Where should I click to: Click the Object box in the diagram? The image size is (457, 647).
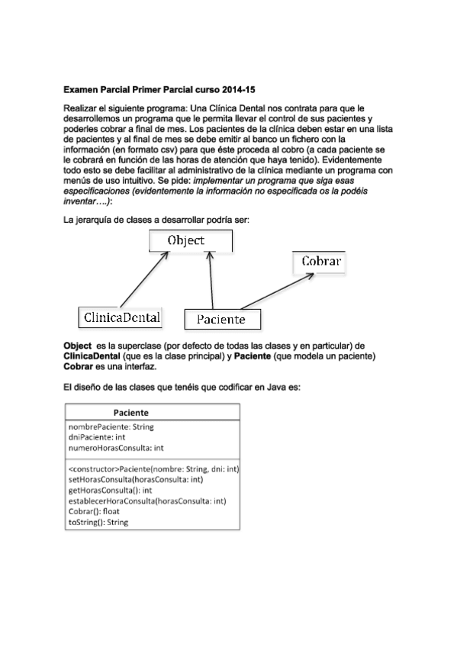point(190,240)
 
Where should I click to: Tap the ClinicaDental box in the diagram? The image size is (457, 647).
point(121,316)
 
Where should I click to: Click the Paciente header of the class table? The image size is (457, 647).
point(152,411)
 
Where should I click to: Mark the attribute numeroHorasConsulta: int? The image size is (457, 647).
point(116,448)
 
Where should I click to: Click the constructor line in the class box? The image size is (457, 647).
point(153,468)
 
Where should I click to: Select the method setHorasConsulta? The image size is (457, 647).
point(136,479)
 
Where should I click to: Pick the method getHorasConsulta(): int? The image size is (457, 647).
point(111,490)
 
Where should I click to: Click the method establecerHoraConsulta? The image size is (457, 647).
point(146,501)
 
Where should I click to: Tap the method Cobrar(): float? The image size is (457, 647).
point(95,511)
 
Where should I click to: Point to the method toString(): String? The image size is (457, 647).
point(98,522)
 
